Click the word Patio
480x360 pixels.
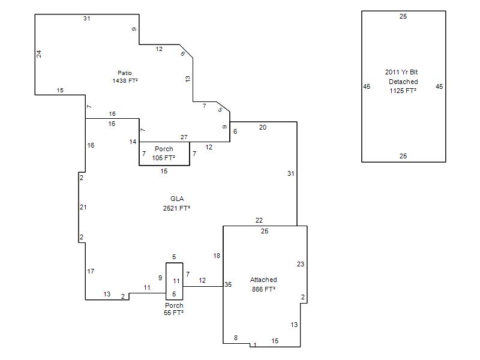125,73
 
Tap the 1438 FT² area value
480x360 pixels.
125,81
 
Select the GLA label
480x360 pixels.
177,199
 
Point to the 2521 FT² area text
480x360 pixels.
176,208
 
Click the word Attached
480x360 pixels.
263,280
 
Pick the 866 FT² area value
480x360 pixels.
263,289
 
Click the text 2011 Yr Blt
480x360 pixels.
401,72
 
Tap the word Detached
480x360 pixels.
403,82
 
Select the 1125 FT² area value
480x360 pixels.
403,91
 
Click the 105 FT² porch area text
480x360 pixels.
164,158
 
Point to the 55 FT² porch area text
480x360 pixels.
173,313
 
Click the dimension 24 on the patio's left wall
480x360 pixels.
39,54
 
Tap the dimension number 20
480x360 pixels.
263,127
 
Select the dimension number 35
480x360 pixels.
228,284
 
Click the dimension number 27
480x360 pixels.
184,137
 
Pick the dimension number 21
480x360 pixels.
83,207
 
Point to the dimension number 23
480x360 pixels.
301,264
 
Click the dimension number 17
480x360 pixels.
91,271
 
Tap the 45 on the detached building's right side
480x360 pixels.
439,86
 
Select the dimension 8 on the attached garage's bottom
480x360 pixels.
236,338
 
